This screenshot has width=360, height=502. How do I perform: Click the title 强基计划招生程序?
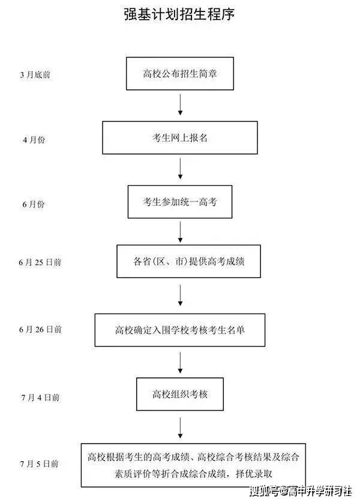[179, 14]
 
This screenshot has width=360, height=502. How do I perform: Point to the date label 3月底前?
[35, 74]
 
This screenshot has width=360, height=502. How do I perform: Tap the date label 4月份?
[34, 140]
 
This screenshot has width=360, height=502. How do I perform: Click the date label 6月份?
[34, 204]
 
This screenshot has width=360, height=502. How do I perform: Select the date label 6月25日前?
[40, 262]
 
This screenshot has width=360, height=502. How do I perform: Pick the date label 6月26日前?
[40, 329]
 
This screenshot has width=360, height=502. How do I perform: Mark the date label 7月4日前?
[40, 397]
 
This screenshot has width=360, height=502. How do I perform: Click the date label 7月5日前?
[40, 463]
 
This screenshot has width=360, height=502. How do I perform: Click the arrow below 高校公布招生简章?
[180, 105]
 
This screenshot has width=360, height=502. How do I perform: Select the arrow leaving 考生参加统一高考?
[180, 232]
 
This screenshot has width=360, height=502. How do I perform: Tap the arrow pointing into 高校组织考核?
[180, 363]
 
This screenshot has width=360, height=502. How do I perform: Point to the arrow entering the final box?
[180, 428]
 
